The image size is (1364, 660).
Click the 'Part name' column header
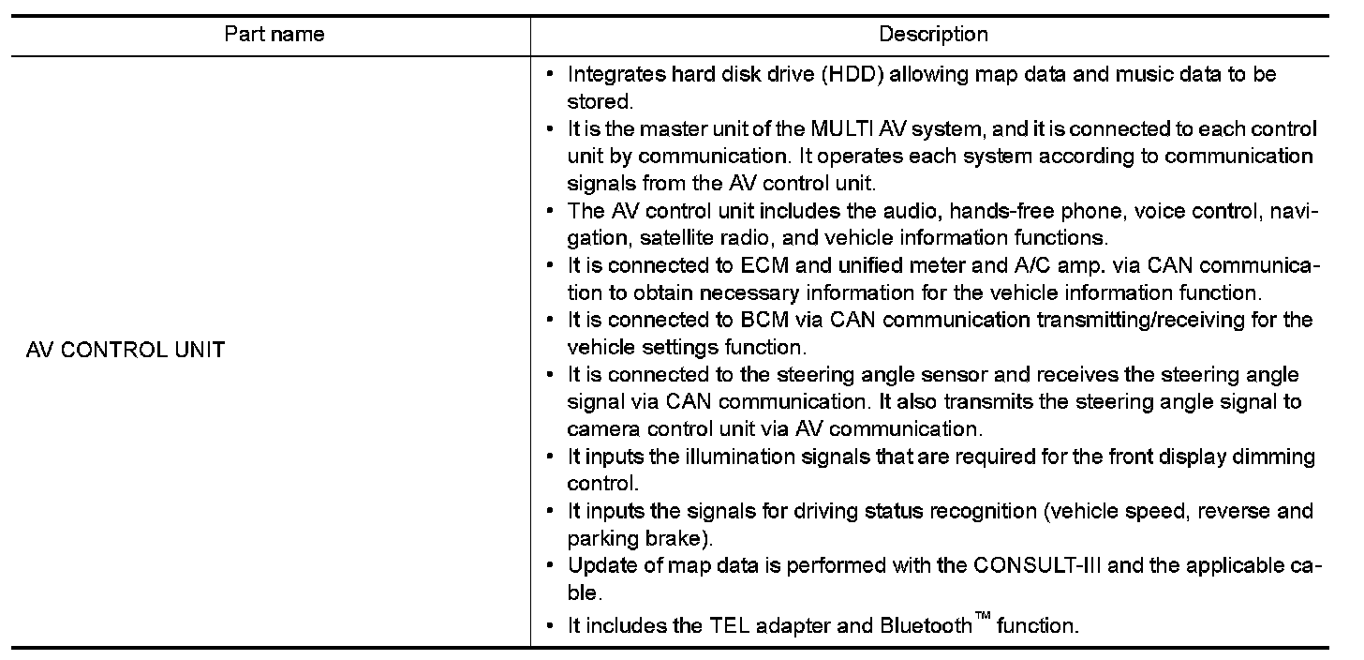(274, 35)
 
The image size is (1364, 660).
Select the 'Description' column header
(932, 35)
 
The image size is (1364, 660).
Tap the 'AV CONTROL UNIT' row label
(125, 351)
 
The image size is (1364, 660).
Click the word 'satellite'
(676, 237)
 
